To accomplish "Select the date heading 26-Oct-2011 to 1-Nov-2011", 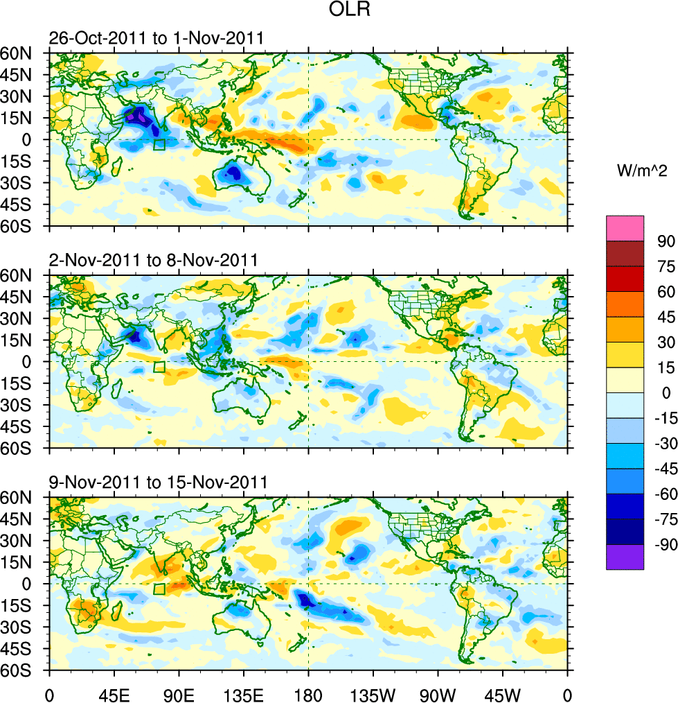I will pyautogui.click(x=156, y=37).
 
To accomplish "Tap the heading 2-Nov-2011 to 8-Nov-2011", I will pyautogui.click(x=153, y=260).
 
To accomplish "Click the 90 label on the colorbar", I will pyautogui.click(x=666, y=240).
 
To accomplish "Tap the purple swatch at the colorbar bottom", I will pyautogui.click(x=625, y=557).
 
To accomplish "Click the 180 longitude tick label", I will pyautogui.click(x=308, y=693).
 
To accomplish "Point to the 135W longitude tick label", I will pyautogui.click(x=373, y=693).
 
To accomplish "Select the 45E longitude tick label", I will pyautogui.click(x=114, y=693).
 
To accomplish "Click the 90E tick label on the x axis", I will pyautogui.click(x=179, y=693).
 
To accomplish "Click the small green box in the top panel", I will pyautogui.click(x=159, y=145).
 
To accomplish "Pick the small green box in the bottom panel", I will pyautogui.click(x=159, y=589).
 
